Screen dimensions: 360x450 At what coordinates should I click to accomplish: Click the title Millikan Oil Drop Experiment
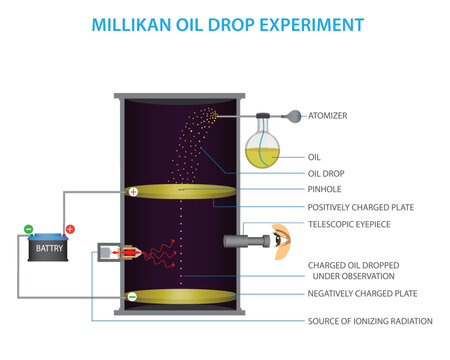coord(225,21)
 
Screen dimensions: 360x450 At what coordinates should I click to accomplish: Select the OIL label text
coord(315,156)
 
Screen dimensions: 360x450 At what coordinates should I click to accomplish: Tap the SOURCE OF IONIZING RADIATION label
coord(370,320)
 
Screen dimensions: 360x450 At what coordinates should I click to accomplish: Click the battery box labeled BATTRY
coord(48,247)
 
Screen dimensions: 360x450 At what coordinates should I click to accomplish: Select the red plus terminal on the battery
coord(69,229)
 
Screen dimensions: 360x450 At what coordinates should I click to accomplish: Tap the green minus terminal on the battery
coord(28,229)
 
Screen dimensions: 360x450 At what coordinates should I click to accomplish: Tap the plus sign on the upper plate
coord(133,191)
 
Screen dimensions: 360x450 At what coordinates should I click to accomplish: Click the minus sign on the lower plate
coord(132,297)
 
